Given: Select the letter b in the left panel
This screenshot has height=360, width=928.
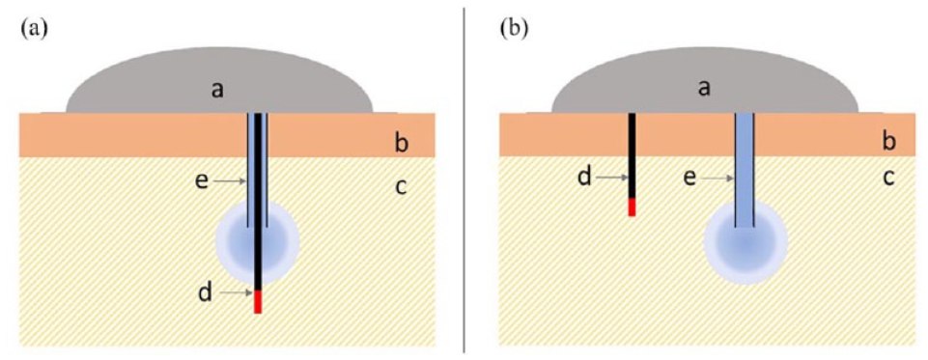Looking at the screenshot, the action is pyautogui.click(x=402, y=143).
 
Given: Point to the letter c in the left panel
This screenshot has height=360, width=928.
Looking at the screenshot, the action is pyautogui.click(x=402, y=187).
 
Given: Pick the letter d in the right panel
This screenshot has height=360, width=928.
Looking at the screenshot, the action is pyautogui.click(x=584, y=177).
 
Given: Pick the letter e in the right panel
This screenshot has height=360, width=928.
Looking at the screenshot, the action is pyautogui.click(x=690, y=177).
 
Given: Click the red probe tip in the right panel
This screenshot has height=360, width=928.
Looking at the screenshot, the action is pyautogui.click(x=632, y=207).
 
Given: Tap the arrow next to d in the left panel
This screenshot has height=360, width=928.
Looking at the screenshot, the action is pyautogui.click(x=234, y=292).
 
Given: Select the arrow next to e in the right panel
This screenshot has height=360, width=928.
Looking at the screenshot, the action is pyautogui.click(x=717, y=178).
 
